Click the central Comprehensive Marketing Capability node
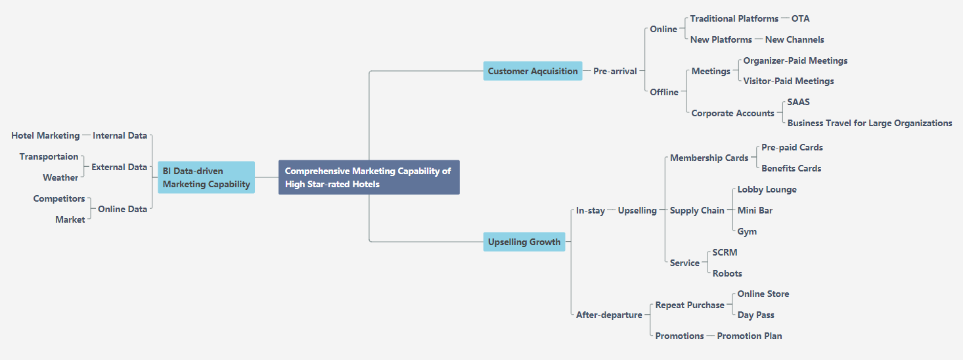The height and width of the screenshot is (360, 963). tap(369, 177)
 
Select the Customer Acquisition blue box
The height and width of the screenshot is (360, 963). tap(533, 71)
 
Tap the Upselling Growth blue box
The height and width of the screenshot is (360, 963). tap(524, 242)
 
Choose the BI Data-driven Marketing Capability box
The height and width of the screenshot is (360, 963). tap(206, 177)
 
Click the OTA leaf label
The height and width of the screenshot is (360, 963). tap(800, 18)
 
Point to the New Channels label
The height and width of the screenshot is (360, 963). tap(794, 39)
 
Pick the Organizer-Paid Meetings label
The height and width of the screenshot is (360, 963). tap(795, 60)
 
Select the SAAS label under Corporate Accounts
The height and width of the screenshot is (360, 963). tap(798, 102)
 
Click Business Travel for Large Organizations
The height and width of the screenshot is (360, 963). tap(869, 123)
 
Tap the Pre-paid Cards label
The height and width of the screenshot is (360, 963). tap(792, 147)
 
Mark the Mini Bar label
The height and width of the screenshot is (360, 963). tap(754, 210)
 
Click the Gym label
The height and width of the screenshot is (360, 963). tap(747, 231)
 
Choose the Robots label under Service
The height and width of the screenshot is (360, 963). tap(727, 273)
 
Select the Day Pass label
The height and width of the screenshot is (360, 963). tap(755, 315)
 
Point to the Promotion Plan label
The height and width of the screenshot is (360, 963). tap(749, 336)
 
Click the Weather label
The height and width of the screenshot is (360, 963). tap(60, 177)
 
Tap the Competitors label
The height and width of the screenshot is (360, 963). tap(59, 198)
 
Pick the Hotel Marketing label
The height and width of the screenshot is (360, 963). tap(45, 135)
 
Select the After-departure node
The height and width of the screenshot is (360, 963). tap(609, 315)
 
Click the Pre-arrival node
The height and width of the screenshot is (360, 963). tap(615, 71)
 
